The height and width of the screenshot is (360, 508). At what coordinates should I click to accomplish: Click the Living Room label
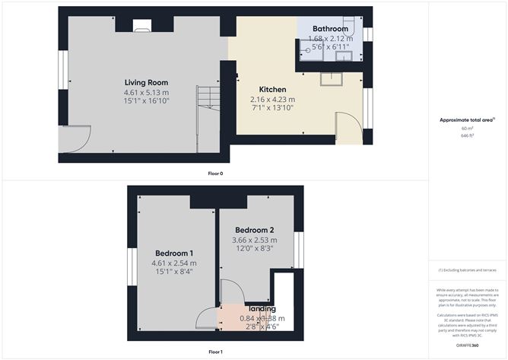click(146, 82)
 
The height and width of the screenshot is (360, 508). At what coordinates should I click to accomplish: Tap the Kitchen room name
click(272, 89)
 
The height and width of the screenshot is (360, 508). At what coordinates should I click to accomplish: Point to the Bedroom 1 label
click(174, 253)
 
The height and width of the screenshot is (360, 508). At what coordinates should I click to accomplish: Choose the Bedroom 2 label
click(254, 230)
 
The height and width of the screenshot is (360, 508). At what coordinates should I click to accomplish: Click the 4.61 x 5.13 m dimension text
click(146, 92)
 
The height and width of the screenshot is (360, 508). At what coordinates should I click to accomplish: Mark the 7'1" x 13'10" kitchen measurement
click(272, 109)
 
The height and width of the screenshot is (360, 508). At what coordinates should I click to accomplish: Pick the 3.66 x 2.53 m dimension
click(254, 241)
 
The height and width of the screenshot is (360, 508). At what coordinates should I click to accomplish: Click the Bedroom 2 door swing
click(229, 292)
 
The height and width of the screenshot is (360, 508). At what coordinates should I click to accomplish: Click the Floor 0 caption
click(215, 173)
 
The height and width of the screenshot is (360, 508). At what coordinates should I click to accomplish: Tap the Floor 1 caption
click(215, 352)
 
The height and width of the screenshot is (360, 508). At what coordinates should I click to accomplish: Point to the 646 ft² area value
click(467, 135)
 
